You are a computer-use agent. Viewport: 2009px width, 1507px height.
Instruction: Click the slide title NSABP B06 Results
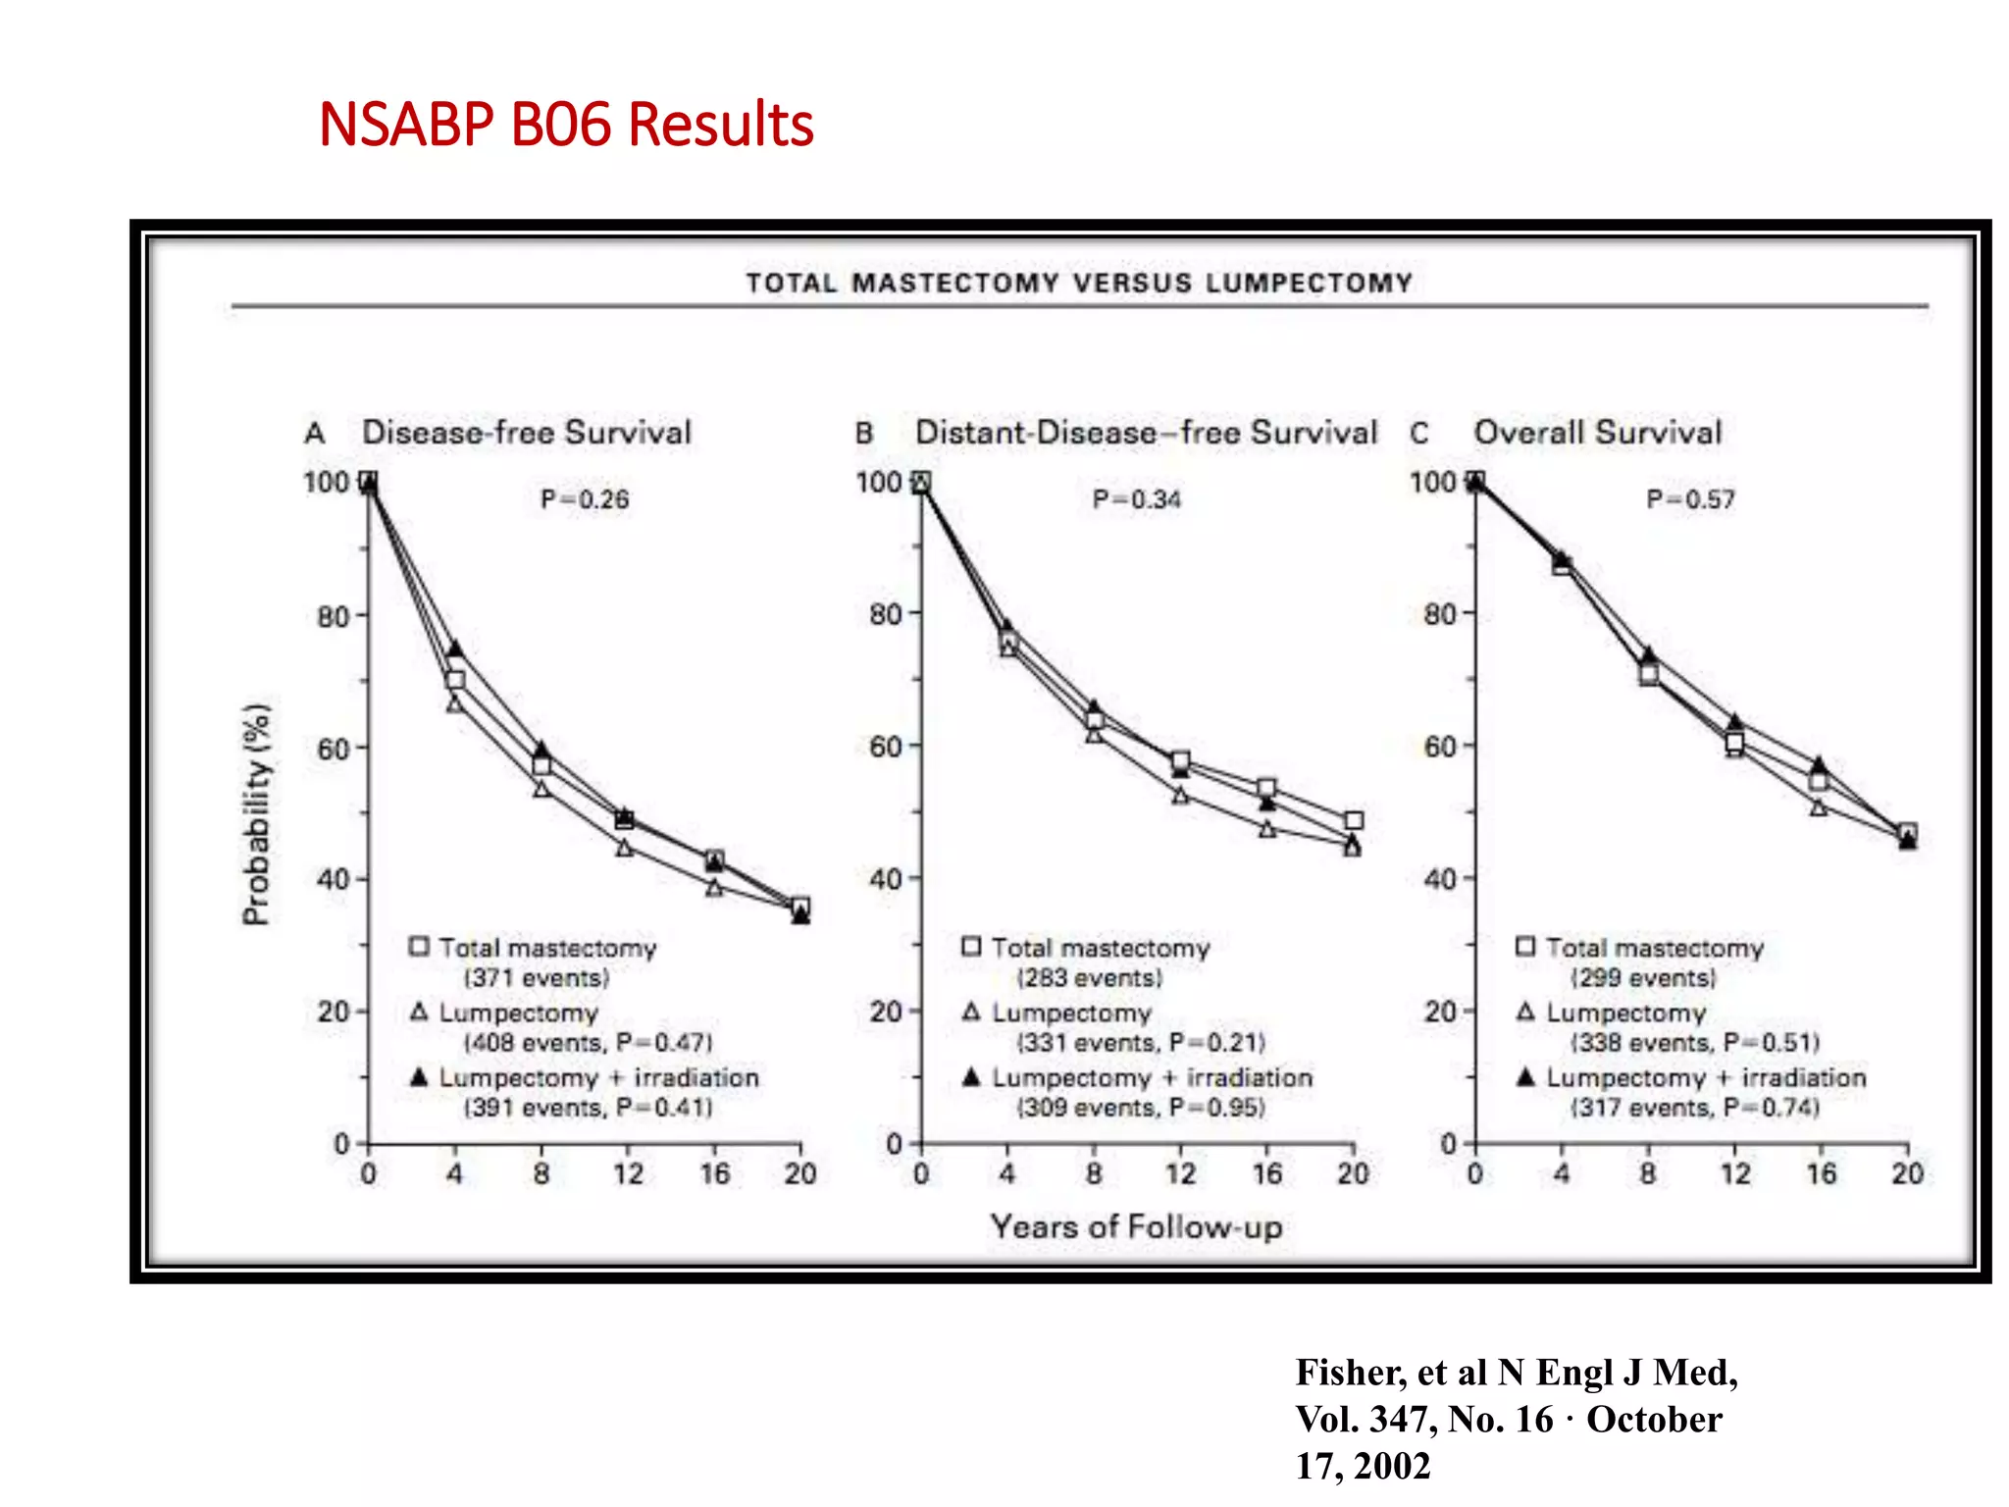pos(566,125)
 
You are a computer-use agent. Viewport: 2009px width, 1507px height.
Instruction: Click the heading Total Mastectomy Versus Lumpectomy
pos(1079,283)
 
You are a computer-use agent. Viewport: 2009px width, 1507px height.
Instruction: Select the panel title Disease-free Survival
pos(527,433)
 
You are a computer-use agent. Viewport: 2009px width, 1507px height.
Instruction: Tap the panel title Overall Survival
pos(1597,433)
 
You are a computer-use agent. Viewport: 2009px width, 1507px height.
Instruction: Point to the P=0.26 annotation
pos(585,499)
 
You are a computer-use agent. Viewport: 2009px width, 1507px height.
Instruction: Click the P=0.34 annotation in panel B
pos(1137,499)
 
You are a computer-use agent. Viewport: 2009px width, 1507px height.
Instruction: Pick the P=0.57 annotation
pos(1690,499)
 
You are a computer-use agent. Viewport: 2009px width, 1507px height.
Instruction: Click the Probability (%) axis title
pos(256,814)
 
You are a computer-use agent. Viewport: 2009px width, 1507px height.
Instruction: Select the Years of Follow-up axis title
pos(1136,1226)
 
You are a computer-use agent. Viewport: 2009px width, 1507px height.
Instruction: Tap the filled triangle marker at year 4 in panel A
pos(454,649)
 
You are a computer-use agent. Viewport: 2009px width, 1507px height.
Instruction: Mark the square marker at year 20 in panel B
pos(1354,820)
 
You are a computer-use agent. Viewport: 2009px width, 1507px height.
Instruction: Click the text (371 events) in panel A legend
pos(537,978)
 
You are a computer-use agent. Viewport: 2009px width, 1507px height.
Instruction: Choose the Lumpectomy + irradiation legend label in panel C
pos(1706,1077)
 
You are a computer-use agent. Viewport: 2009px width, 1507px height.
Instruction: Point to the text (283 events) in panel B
pos(1089,978)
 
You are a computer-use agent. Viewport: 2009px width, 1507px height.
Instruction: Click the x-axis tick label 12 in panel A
pos(628,1173)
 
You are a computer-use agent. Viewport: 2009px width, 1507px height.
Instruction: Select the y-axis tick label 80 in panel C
pos(1439,615)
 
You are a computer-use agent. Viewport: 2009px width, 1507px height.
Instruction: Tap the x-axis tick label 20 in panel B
pos(1353,1173)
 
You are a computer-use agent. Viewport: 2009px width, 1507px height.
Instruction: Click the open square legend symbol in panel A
pos(419,947)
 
